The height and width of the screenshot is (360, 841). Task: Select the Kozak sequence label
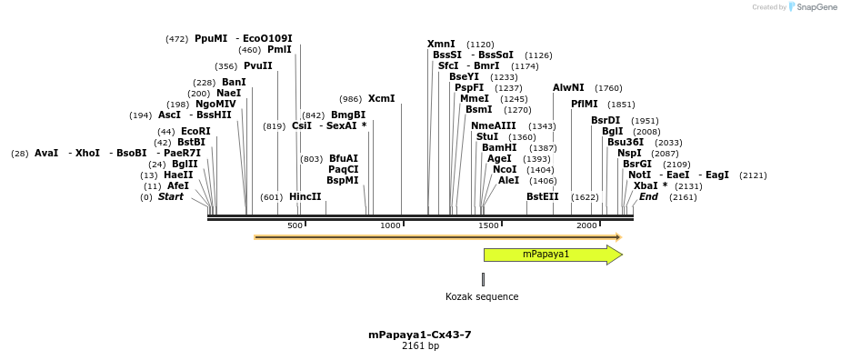click(x=482, y=296)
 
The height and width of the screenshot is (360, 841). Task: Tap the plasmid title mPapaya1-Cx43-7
click(x=419, y=335)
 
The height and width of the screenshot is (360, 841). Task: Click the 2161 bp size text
click(x=420, y=346)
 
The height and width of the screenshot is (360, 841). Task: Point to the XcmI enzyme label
click(x=381, y=99)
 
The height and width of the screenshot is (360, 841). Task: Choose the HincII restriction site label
click(x=305, y=197)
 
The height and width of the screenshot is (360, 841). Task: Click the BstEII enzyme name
click(x=542, y=197)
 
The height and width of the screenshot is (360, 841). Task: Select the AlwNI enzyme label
click(x=568, y=88)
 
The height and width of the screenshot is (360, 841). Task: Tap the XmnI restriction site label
click(x=441, y=45)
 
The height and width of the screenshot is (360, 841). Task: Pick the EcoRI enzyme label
click(x=195, y=132)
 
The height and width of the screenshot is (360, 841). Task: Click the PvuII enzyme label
click(x=257, y=66)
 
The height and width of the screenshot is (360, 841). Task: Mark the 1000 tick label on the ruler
click(x=390, y=225)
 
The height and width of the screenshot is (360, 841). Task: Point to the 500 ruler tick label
click(x=295, y=225)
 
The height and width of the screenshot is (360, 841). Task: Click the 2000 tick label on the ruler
click(x=586, y=225)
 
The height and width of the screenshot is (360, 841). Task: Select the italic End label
click(x=648, y=197)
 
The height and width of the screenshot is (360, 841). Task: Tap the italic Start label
click(x=170, y=197)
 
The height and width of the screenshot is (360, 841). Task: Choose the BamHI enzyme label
click(x=499, y=147)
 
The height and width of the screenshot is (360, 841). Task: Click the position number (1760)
click(x=608, y=88)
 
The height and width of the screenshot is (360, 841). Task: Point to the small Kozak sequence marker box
click(x=483, y=279)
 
